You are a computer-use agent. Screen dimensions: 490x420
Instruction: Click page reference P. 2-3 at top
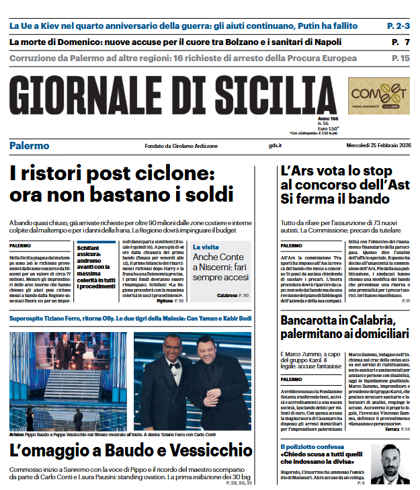pos(398,26)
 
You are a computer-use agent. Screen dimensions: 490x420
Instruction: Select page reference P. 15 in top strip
pos(401,58)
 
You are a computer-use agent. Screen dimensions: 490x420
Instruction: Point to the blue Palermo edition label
pos(30,146)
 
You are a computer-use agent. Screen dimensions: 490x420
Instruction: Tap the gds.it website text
pos(276,146)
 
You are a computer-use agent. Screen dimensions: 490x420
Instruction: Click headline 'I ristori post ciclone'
pos(121,184)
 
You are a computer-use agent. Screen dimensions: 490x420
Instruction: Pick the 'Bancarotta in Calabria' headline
pos(345,326)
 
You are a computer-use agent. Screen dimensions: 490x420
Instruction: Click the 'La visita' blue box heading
pos(205,247)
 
